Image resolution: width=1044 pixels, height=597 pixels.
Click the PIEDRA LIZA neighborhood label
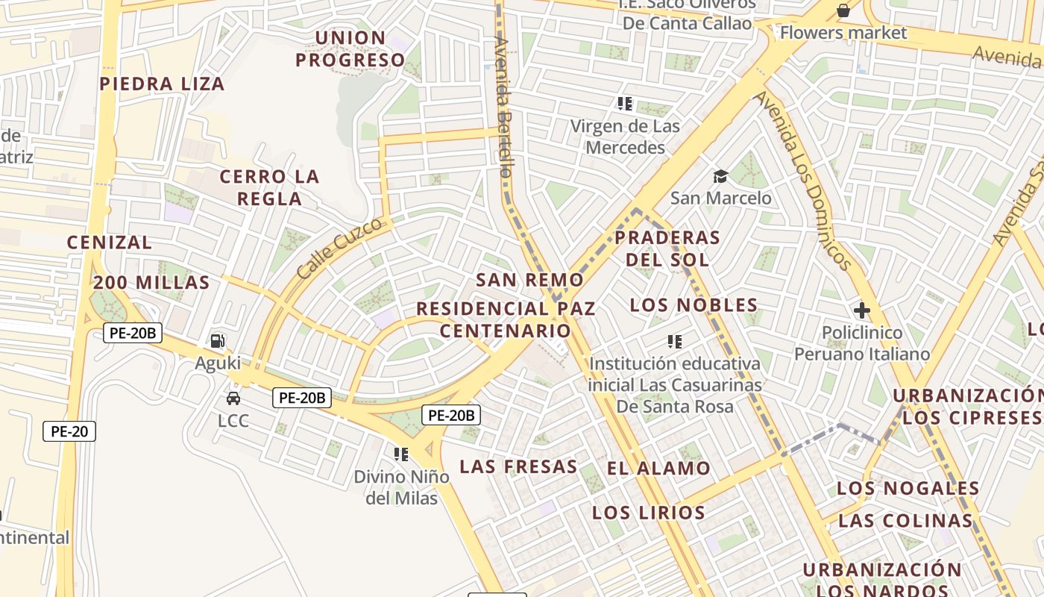(x=163, y=84)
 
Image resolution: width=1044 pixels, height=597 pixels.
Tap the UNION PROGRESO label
(x=350, y=49)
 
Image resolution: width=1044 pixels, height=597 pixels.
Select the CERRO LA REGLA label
(x=269, y=187)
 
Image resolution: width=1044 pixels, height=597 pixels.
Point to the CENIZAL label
(x=110, y=243)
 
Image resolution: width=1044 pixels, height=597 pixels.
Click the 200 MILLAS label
(x=151, y=283)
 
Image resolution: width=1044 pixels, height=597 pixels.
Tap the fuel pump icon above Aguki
(x=218, y=341)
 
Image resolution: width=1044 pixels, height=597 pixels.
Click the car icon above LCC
(x=233, y=398)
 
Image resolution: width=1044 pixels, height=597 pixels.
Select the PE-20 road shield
(x=69, y=431)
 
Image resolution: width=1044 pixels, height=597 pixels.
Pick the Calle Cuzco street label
(x=344, y=249)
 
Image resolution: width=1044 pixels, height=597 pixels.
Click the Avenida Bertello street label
(x=503, y=108)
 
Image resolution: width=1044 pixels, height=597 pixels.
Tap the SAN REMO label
(x=529, y=280)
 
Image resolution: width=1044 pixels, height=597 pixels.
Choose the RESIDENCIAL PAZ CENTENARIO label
(x=506, y=319)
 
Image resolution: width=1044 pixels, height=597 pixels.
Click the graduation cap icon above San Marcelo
(x=720, y=176)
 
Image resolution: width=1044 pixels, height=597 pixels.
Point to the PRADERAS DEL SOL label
(x=667, y=249)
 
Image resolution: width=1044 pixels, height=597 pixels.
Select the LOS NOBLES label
(x=694, y=305)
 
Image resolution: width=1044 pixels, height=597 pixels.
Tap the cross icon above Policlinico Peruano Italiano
(x=862, y=310)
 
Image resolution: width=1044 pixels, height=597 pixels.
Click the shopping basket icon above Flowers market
(x=843, y=10)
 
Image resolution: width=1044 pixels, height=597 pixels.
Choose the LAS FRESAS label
(x=518, y=467)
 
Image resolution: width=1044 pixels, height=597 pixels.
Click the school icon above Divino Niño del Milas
(x=401, y=454)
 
